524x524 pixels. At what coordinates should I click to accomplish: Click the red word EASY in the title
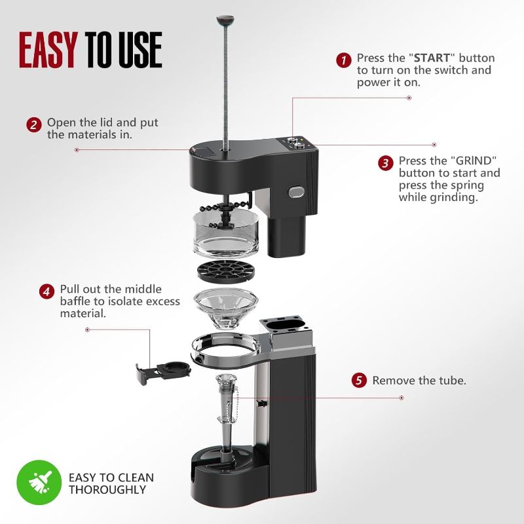click(50, 49)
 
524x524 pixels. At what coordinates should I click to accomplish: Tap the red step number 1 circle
click(343, 59)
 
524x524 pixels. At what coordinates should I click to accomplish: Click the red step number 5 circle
click(358, 381)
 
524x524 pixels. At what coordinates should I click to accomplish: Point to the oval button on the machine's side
click(297, 193)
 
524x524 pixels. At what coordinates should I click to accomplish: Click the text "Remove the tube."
click(419, 381)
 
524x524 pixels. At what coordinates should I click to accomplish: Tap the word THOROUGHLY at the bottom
click(107, 489)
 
